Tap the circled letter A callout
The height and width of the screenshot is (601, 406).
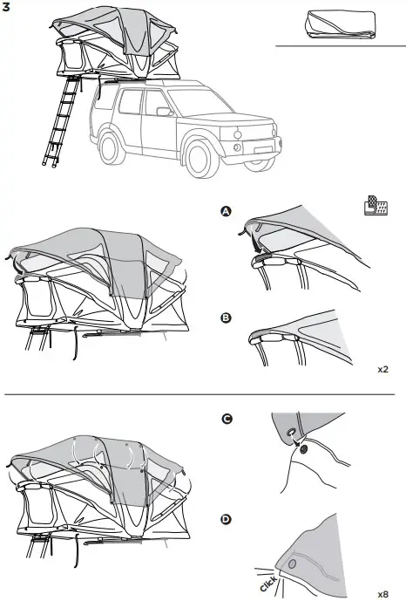point(226,212)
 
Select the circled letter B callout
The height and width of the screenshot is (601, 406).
point(226,318)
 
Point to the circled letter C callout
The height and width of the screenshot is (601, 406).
point(227,420)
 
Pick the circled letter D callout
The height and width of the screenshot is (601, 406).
point(227,520)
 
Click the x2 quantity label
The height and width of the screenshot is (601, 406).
point(383,369)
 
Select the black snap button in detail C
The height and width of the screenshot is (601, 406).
point(303,449)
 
